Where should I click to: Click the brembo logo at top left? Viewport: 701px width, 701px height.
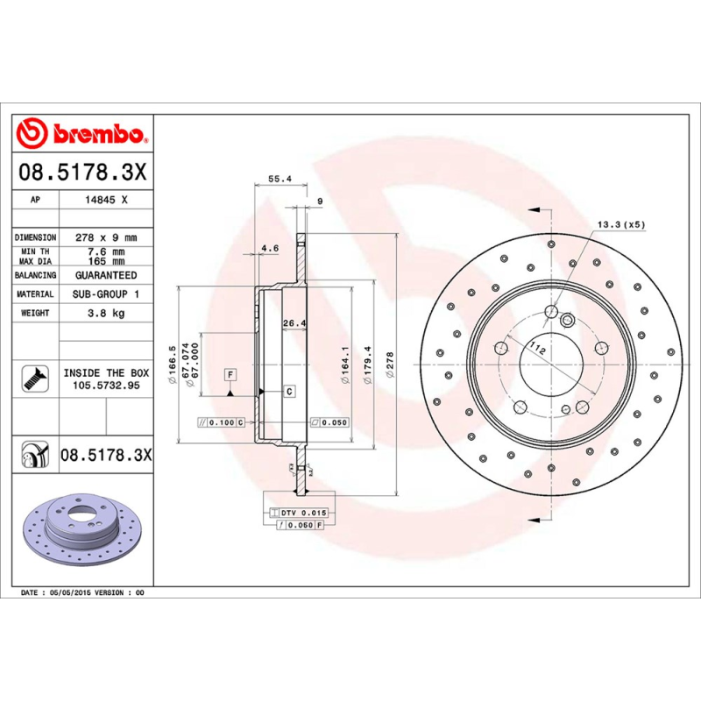(81, 134)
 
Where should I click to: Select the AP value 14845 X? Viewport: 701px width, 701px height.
(106, 200)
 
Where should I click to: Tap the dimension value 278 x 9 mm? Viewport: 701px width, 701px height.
(106, 237)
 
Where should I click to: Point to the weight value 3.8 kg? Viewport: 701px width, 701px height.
(106, 313)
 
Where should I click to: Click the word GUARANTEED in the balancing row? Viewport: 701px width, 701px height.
(106, 275)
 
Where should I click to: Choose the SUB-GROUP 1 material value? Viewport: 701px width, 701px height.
(106, 294)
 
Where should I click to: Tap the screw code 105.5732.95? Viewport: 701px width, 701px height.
(106, 385)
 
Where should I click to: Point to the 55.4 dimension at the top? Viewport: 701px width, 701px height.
(279, 179)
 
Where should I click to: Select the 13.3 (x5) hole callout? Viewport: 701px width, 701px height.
(620, 224)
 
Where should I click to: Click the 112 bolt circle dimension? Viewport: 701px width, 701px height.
(537, 350)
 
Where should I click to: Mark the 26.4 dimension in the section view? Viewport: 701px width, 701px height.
(294, 323)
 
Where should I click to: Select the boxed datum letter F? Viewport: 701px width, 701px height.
(230, 375)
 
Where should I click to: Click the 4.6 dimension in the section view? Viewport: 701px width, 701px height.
(270, 248)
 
